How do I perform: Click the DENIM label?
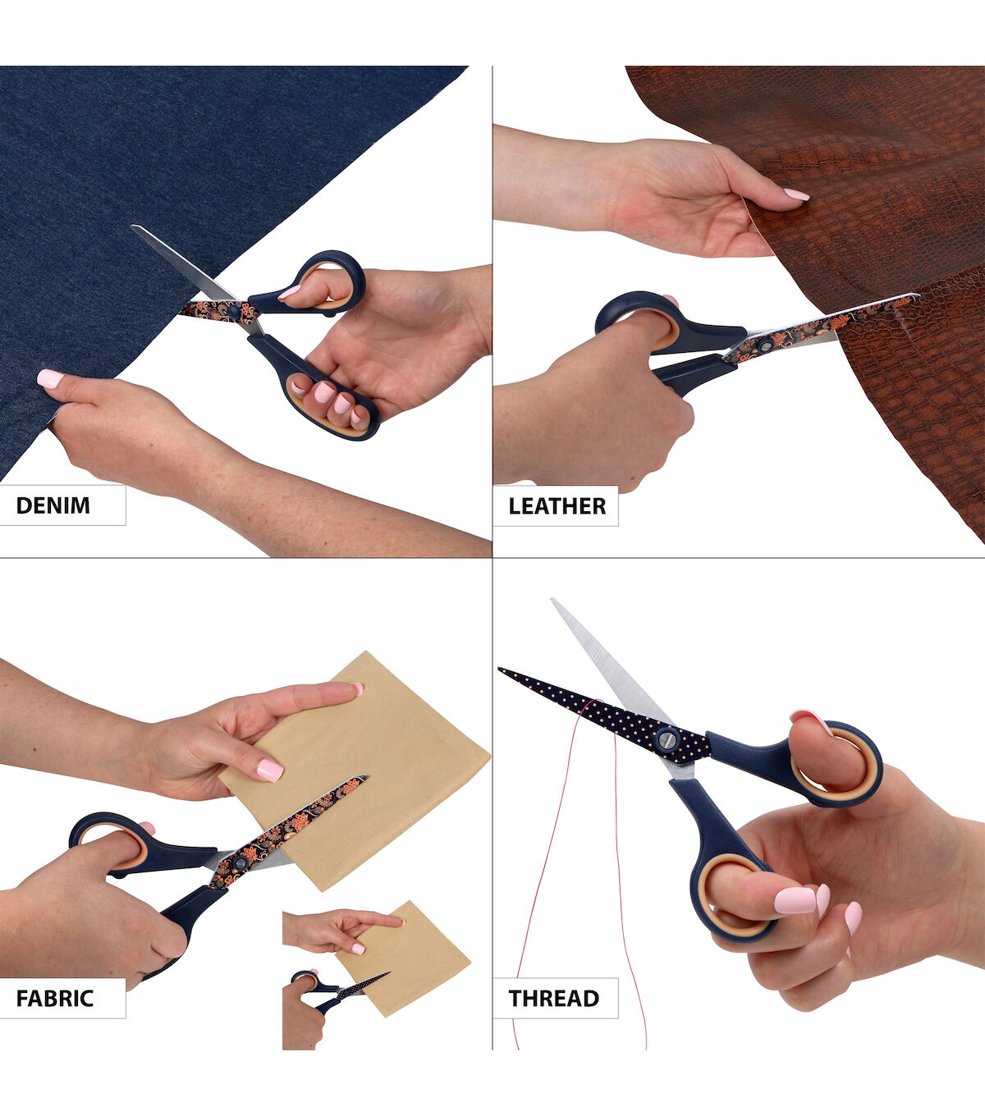pos(53,505)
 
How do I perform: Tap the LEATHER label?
pos(557,505)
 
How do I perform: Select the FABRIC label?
pos(54,998)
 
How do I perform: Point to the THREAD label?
pos(553,998)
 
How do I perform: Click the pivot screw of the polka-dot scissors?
pos(667,740)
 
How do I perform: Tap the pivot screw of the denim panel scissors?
pos(234,313)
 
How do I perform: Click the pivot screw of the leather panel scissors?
pos(764,346)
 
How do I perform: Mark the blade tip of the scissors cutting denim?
pos(133,226)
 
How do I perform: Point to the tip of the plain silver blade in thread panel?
pos(552,600)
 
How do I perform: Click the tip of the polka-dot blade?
pos(499,669)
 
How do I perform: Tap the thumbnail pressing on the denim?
pos(49,378)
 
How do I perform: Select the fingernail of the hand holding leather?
pos(796,194)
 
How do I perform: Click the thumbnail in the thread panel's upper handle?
pos(811,721)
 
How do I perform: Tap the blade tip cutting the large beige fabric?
pos(366,776)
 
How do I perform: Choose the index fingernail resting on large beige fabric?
pos(270,770)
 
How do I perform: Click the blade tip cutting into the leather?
pos(917,295)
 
